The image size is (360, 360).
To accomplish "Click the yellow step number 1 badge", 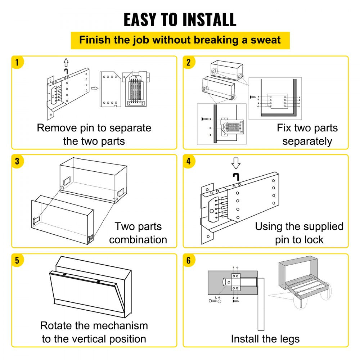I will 17,62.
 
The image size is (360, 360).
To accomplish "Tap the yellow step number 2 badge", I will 188,62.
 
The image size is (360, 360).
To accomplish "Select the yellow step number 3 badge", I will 17,161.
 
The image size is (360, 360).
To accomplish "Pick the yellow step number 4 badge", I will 188,161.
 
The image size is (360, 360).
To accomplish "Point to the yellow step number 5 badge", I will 17,260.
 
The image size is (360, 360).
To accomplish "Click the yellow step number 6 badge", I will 188,260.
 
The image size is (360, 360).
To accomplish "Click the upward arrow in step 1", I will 66,62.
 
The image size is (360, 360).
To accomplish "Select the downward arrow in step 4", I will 236,163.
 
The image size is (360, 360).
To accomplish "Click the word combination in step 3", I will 138,240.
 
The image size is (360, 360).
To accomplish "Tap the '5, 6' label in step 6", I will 217,297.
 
